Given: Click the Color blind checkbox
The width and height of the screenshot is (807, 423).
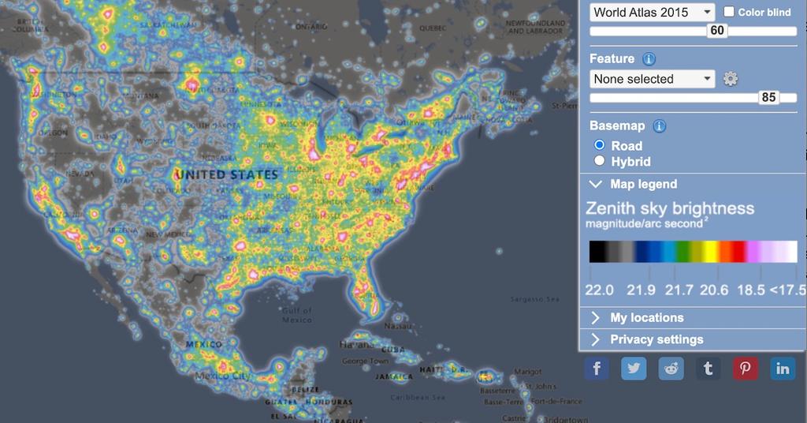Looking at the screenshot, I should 729,12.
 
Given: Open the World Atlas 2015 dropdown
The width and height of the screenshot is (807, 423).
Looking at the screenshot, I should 652,12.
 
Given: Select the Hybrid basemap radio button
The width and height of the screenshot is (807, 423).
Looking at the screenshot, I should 600,161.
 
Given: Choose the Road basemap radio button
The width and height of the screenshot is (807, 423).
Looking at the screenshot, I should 600,145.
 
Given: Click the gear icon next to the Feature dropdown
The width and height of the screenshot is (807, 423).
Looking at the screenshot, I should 731,79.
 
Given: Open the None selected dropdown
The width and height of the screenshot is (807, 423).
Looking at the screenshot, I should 652,79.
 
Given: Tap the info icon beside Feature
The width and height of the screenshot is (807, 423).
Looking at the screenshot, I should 649,59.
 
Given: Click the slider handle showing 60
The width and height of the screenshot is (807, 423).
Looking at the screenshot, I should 716,31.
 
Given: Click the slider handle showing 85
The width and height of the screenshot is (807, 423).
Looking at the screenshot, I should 768,98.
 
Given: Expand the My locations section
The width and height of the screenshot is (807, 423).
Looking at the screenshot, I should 646,317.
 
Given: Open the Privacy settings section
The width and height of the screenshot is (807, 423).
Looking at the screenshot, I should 656,339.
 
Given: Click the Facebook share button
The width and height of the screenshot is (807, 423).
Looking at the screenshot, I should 597,369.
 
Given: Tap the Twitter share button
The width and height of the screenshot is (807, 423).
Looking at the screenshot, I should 634,369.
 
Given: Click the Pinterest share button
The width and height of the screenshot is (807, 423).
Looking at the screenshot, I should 746,369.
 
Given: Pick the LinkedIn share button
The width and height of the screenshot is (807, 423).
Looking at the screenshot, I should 783,369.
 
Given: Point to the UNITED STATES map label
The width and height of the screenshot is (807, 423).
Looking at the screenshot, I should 226,174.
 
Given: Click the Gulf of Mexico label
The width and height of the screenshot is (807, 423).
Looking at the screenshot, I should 297,315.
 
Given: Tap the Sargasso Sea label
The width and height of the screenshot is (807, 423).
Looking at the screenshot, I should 534,299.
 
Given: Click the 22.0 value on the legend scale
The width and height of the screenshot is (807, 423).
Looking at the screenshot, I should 599,290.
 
